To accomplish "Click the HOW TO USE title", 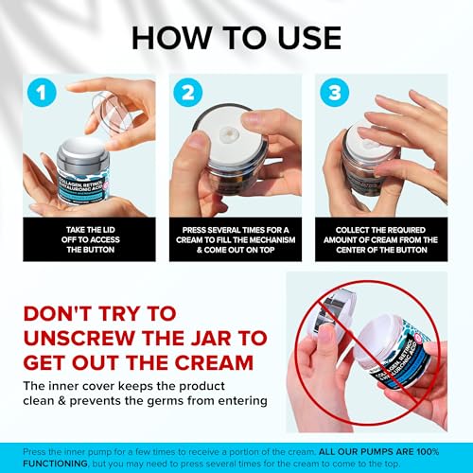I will (236, 37).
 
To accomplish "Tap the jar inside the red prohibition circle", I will (378, 345).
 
